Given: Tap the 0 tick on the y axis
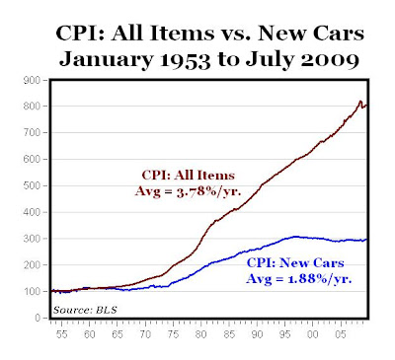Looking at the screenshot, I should (x=39, y=318).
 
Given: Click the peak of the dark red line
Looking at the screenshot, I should (x=358, y=101).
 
